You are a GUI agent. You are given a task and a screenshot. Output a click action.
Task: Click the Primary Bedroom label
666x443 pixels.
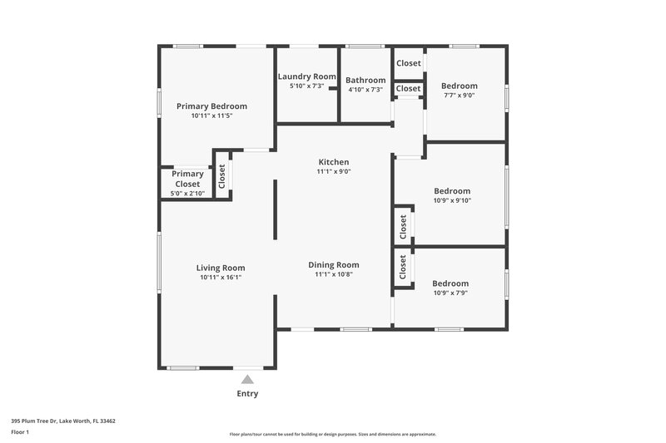(211, 106)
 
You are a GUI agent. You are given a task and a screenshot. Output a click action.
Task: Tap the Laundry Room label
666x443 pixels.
(306, 76)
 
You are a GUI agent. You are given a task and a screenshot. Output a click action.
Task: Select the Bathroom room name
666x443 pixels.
(365, 81)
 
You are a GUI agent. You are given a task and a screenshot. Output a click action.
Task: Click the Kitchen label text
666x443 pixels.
(333, 162)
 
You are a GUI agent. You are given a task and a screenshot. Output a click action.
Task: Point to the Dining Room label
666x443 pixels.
(333, 265)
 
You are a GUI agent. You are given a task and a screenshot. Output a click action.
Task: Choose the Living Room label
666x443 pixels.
(221, 268)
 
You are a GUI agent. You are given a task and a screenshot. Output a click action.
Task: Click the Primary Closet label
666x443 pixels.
(187, 179)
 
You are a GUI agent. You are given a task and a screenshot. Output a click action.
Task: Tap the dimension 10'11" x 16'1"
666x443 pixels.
(221, 278)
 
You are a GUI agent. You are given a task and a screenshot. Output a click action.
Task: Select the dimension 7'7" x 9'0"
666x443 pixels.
(459, 96)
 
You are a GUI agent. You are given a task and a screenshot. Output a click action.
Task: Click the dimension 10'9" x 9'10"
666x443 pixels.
(452, 200)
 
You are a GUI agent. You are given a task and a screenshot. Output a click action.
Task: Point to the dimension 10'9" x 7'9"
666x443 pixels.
(450, 293)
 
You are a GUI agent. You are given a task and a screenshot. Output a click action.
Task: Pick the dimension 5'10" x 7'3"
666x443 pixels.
(306, 86)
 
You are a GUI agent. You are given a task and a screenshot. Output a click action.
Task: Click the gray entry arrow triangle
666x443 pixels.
(246, 380)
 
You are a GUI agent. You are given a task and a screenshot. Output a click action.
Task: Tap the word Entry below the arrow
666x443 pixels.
(247, 394)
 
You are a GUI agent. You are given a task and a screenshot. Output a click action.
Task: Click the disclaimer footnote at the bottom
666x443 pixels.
(332, 434)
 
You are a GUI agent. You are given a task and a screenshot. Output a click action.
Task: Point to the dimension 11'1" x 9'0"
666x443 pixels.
(333, 172)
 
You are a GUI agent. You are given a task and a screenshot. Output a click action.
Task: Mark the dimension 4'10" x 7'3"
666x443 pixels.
(365, 90)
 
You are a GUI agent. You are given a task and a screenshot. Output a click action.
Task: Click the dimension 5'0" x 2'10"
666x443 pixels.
(187, 193)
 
